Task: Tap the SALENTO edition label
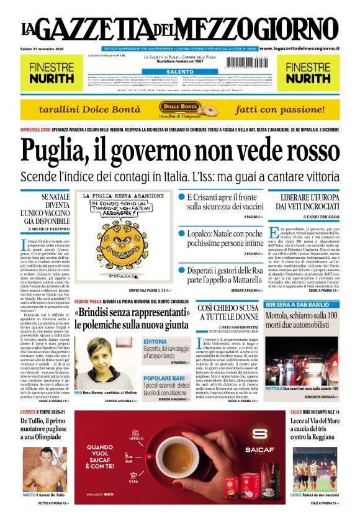(x=180, y=71)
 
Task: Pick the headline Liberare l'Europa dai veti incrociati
(x=304, y=201)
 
